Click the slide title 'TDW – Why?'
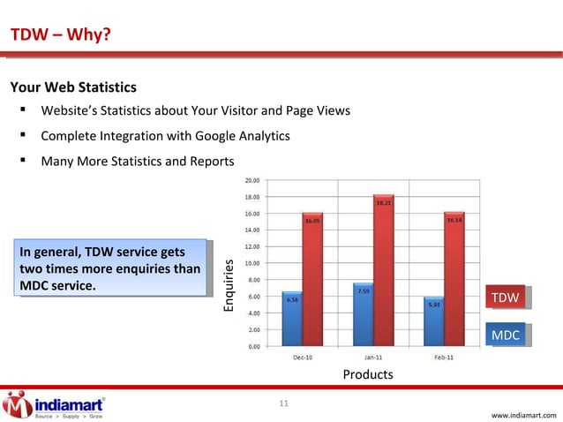tap(60, 35)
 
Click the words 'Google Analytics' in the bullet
tap(240, 137)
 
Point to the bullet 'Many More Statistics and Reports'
tap(138, 162)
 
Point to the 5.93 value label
tap(434, 305)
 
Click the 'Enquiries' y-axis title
tap(229, 283)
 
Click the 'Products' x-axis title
tap(367, 374)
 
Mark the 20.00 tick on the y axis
tap(251, 179)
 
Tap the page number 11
tap(283, 404)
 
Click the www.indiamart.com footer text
tap(525, 414)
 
